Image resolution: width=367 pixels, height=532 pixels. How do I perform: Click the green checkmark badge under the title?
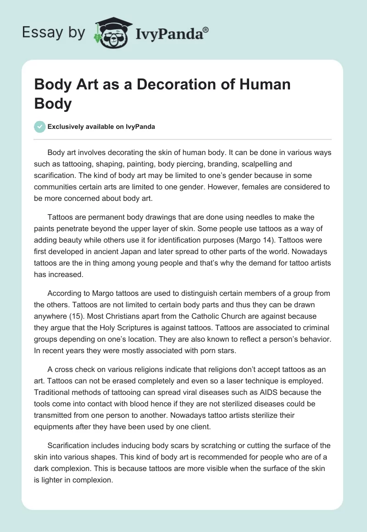[40, 127]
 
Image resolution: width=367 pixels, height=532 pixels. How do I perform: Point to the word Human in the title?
[268, 85]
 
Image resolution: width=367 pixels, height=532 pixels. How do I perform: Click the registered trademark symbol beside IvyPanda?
[206, 30]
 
